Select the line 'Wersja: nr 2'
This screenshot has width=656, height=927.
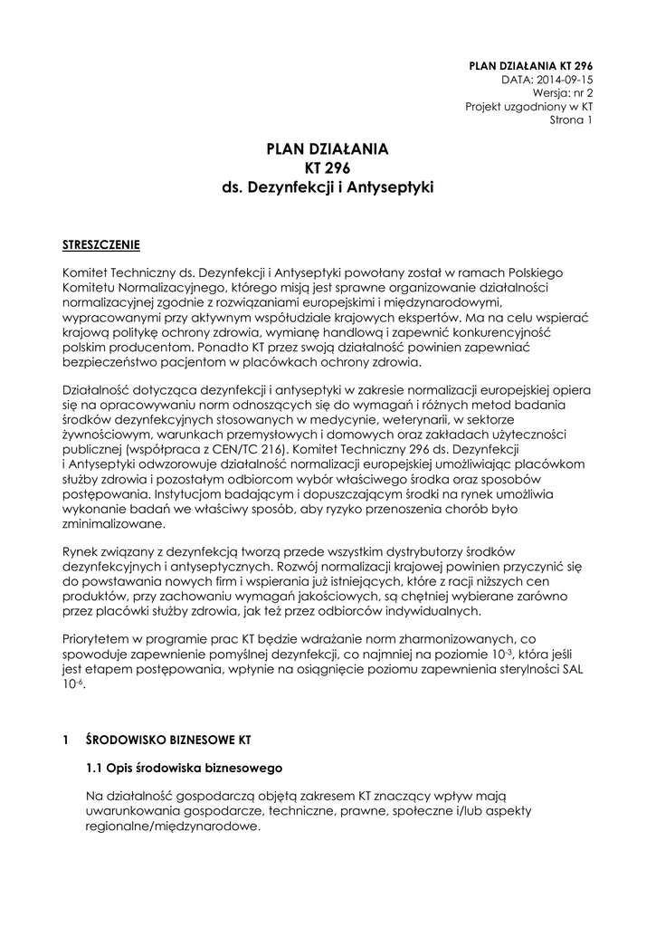(562, 92)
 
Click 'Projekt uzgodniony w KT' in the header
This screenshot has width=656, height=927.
(529, 106)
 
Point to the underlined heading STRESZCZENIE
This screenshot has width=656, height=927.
(100, 245)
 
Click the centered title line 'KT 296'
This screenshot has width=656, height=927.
(328, 168)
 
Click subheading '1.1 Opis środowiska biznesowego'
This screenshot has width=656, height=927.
(185, 769)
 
